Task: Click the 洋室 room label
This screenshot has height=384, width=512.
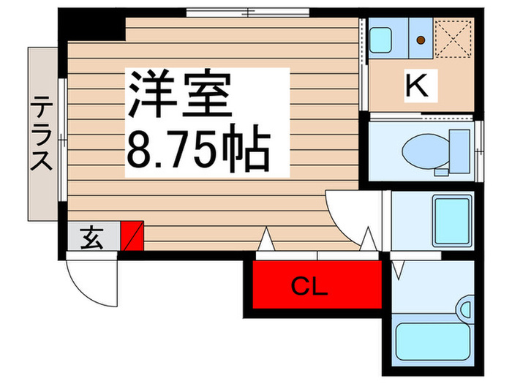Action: (x=180, y=94)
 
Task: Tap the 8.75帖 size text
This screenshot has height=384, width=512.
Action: (x=199, y=149)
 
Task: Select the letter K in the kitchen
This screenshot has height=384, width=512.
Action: (x=417, y=86)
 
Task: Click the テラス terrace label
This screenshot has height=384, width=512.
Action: (x=42, y=133)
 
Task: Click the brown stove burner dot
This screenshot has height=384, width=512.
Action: (x=421, y=40)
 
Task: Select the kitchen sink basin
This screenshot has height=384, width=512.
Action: (x=380, y=39)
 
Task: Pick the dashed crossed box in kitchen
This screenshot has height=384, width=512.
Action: (x=453, y=39)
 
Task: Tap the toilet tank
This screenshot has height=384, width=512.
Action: (x=460, y=151)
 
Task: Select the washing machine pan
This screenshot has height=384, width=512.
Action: (x=452, y=221)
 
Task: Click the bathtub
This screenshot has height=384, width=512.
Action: (x=433, y=342)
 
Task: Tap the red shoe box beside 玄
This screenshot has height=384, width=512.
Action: (x=132, y=236)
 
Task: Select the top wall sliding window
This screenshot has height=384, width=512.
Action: (x=248, y=12)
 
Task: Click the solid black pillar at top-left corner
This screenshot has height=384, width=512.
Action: (x=92, y=25)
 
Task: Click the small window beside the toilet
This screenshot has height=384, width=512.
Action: (x=478, y=151)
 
